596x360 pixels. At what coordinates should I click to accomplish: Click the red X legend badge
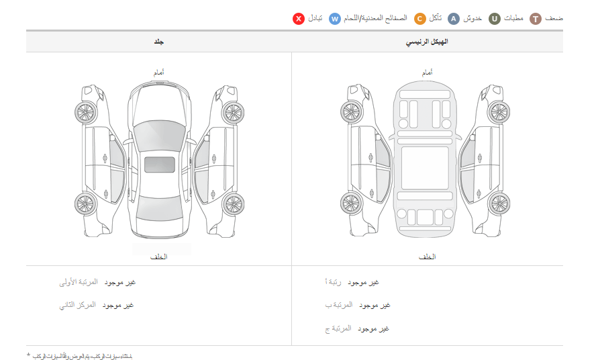[299, 19]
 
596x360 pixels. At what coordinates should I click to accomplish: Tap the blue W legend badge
[335, 19]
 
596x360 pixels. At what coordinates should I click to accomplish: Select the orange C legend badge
[419, 19]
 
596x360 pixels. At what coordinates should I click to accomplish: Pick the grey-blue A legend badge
[454, 19]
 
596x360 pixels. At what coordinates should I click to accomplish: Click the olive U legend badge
[494, 19]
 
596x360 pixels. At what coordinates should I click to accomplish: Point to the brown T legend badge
[535, 19]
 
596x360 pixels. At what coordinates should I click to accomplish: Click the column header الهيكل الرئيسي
[428, 42]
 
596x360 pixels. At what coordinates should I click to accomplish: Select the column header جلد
[160, 42]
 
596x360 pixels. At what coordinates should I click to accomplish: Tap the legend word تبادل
[315, 19]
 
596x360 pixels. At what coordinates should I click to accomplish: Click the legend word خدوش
[473, 19]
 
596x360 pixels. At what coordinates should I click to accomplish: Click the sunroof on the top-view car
[160, 165]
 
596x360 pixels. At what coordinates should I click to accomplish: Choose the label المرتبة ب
[339, 305]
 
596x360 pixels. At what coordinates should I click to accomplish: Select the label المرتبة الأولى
[78, 282]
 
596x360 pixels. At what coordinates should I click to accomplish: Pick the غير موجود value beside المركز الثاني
[118, 305]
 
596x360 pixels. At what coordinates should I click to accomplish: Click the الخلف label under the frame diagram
[427, 257]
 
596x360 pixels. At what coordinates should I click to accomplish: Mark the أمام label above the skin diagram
[160, 72]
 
